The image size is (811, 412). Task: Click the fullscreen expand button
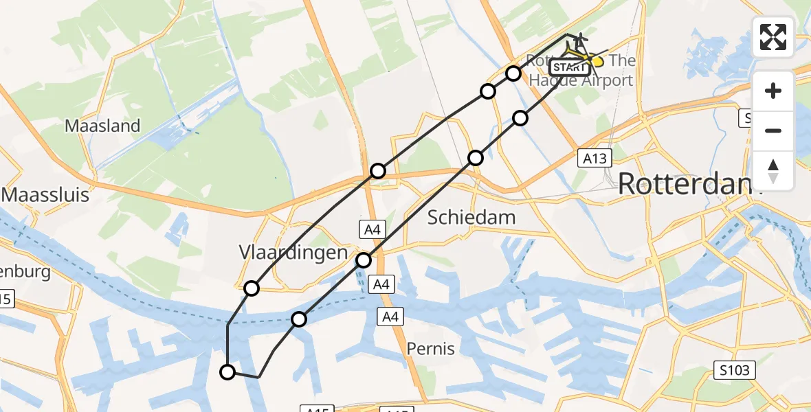click(x=773, y=37)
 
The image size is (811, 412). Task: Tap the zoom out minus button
click(x=773, y=130)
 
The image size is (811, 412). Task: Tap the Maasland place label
click(x=102, y=126)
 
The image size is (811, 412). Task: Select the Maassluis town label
click(x=46, y=195)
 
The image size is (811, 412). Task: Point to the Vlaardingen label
click(x=293, y=252)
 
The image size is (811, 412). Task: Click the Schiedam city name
click(x=471, y=218)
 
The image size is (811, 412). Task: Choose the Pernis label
click(x=431, y=349)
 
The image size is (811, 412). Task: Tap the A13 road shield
click(x=594, y=159)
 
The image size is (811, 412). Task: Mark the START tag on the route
click(x=569, y=67)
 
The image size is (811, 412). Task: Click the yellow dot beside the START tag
click(x=597, y=62)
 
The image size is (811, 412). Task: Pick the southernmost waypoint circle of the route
click(x=227, y=372)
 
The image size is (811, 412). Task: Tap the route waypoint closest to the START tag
click(x=513, y=73)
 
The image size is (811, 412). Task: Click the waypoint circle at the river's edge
click(x=299, y=319)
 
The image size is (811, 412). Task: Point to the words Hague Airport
click(x=581, y=80)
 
